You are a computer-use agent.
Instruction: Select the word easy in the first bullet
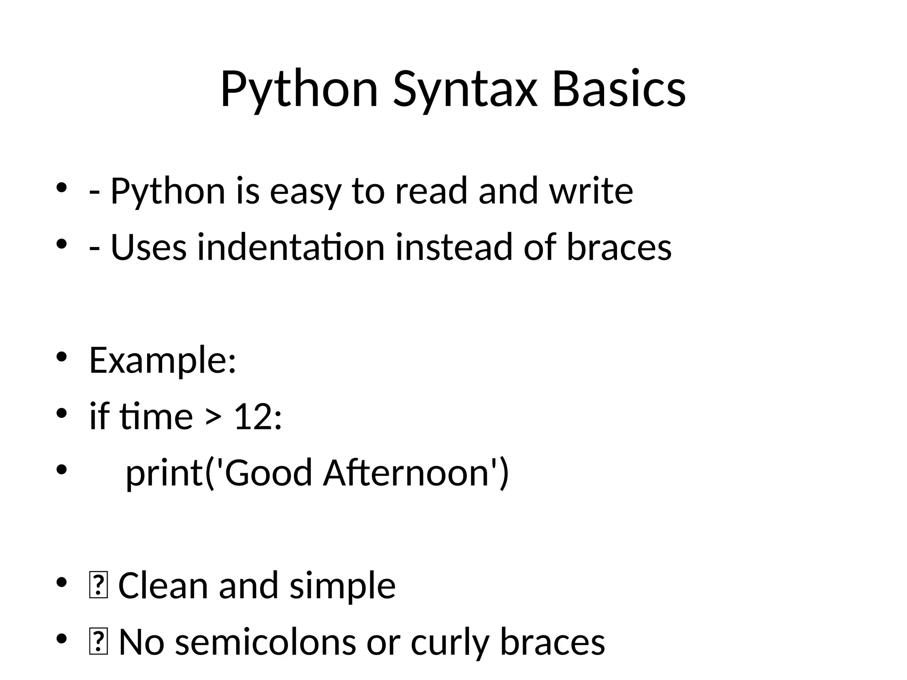[306, 191]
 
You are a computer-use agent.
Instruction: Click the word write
[591, 191]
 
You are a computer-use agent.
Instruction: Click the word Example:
[163, 360]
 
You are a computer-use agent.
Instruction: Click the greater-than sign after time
[213, 417]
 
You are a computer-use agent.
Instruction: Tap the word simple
[342, 587]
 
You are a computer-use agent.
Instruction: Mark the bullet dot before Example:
[61, 357]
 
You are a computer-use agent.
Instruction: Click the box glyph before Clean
[98, 586]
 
